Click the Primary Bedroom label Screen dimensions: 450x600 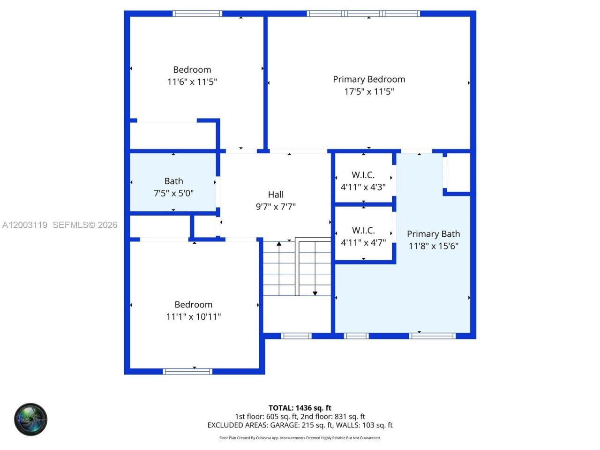click(x=369, y=79)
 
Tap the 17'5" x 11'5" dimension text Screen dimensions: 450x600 click(x=369, y=91)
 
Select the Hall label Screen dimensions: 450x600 click(x=276, y=195)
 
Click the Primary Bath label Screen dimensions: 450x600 click(x=433, y=234)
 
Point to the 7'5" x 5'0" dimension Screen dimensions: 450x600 click(x=173, y=193)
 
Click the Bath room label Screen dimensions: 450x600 click(x=173, y=181)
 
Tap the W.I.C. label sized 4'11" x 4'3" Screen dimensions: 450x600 click(x=363, y=175)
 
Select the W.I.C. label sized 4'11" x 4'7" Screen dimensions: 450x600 click(x=363, y=230)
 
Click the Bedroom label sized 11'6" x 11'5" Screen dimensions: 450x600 click(x=192, y=70)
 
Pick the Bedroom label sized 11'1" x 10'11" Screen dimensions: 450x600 click(x=193, y=305)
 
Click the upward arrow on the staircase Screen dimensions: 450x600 click(x=279, y=245)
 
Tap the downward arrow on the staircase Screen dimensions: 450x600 click(x=315, y=292)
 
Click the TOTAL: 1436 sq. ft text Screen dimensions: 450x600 click(x=300, y=408)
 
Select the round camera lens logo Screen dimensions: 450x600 click(x=30, y=419)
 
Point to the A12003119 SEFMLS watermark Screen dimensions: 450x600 click(x=60, y=225)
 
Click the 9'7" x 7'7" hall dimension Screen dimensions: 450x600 click(x=276, y=207)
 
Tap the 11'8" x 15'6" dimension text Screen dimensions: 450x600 click(x=433, y=246)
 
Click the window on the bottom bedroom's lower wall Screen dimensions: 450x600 click(x=187, y=371)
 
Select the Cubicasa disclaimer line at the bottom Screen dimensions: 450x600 click(x=300, y=438)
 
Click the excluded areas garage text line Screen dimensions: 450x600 click(x=300, y=425)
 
